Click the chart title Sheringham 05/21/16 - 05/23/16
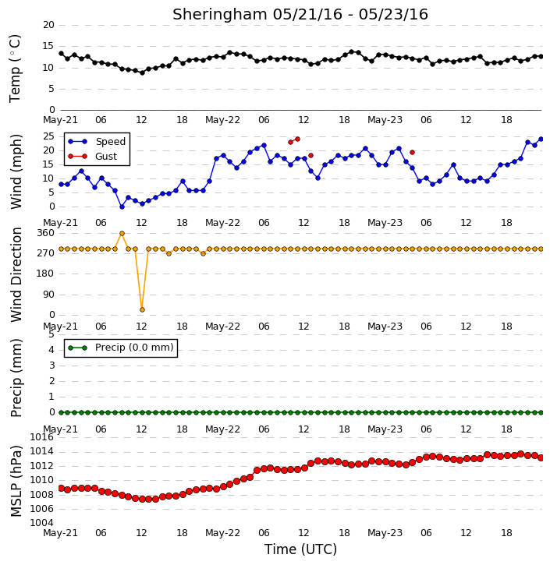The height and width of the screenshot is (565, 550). coord(300,14)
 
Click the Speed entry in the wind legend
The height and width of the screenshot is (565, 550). coord(97,142)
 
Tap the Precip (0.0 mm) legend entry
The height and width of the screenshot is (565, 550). coord(121,348)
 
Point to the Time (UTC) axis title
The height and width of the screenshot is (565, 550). coord(300,549)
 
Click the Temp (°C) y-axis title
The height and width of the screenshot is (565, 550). coord(15,69)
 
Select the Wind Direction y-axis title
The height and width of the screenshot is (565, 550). coord(16,274)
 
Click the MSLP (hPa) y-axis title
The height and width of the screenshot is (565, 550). coord(16,481)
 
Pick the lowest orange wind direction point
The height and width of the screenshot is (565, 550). coord(142,309)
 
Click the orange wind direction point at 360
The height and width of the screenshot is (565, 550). coord(122,234)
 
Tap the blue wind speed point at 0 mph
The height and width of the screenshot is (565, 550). coord(122,207)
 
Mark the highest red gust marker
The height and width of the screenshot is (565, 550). coord(297,139)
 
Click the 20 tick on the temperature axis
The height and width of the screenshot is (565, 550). coord(48,25)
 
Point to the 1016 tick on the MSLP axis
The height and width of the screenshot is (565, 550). coord(41,437)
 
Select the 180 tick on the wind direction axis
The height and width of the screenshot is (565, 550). coord(46,274)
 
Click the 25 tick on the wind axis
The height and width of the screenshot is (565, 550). coord(48,136)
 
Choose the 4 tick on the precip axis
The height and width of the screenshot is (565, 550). coord(51,350)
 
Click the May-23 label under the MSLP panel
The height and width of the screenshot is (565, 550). coord(385,532)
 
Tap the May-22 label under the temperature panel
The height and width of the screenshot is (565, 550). coord(222,120)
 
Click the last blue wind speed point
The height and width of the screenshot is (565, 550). coord(541,139)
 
